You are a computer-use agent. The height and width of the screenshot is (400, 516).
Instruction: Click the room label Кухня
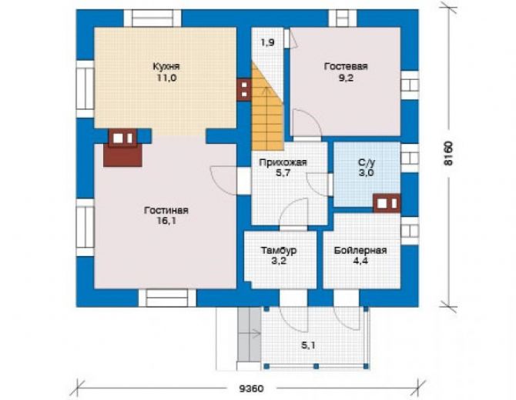coord(166,66)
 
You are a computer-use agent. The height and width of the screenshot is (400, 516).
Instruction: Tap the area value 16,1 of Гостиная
coord(166,222)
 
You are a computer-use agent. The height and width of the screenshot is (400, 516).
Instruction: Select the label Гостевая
coord(346,66)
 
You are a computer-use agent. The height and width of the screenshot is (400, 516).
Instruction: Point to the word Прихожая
coord(283,162)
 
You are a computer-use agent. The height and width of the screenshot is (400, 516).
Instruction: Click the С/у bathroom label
coord(367,162)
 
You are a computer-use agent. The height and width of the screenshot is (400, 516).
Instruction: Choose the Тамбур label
coord(279,251)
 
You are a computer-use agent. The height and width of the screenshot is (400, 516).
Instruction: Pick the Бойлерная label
coord(360,251)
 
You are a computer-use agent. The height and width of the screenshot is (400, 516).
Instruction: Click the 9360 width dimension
coord(251,388)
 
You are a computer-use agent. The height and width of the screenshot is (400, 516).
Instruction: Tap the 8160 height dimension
coord(448,154)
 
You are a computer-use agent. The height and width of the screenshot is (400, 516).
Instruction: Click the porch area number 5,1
coord(308,345)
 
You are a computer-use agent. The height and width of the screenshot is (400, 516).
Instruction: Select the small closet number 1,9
coord(267,42)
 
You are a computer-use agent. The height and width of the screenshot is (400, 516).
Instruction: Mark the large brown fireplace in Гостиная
coord(122,148)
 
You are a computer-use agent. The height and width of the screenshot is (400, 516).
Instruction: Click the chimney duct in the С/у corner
coord(387,203)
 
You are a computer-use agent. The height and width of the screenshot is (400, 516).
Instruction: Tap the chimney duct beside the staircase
coord(244,89)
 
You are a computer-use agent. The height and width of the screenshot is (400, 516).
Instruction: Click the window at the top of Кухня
coord(152,18)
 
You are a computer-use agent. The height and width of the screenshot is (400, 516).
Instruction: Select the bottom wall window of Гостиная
coord(167,298)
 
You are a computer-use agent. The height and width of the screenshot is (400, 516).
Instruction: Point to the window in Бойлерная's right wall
coord(410,231)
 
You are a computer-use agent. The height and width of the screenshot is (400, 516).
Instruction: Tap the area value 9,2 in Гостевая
coord(346,78)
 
